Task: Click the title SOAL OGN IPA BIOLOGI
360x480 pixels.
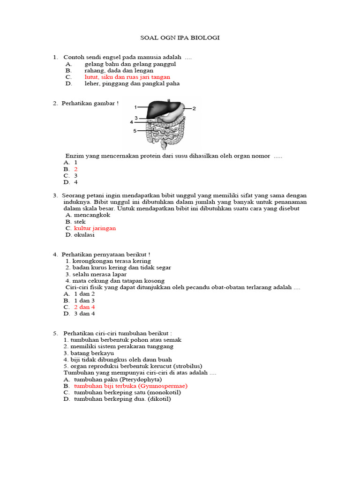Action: pos(180,37)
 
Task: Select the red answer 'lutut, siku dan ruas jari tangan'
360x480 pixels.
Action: pos(127,77)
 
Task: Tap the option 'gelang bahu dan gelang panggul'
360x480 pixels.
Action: pos(130,64)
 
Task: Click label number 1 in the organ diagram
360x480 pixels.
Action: pos(135,107)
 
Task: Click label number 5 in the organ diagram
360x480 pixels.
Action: pos(135,131)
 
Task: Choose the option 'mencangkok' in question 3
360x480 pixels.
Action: pos(92,215)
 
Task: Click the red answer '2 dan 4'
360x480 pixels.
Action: pos(84,307)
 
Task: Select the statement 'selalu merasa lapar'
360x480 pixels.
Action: pos(93,274)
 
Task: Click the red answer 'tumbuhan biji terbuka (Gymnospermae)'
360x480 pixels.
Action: pos(130,386)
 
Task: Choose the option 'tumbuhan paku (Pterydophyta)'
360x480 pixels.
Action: pos(118,379)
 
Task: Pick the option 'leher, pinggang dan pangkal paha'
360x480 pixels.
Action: pos(132,83)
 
